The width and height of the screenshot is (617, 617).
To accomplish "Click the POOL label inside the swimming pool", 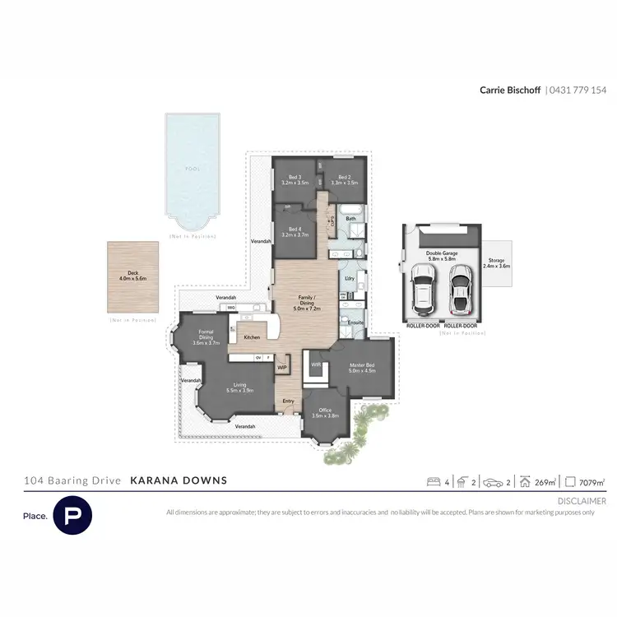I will click(192, 169).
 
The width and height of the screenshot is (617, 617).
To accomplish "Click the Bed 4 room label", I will click(294, 232).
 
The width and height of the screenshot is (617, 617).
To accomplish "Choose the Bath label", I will click(350, 219).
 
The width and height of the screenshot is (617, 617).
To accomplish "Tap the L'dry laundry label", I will click(350, 279).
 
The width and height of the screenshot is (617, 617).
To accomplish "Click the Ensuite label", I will click(355, 322).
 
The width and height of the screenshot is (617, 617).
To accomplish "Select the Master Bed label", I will click(362, 368).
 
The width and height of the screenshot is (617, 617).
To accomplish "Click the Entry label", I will click(288, 401).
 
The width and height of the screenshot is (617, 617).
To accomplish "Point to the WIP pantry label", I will click(281, 368).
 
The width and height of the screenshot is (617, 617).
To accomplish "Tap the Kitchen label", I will click(252, 337).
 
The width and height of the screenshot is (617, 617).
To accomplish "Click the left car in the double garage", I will click(424, 289).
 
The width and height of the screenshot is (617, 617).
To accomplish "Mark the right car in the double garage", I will click(461, 289).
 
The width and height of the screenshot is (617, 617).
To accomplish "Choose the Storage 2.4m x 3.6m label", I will click(497, 264).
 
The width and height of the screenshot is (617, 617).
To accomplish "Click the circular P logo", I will click(72, 515).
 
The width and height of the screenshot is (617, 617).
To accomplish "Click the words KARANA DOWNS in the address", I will click(179, 480).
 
